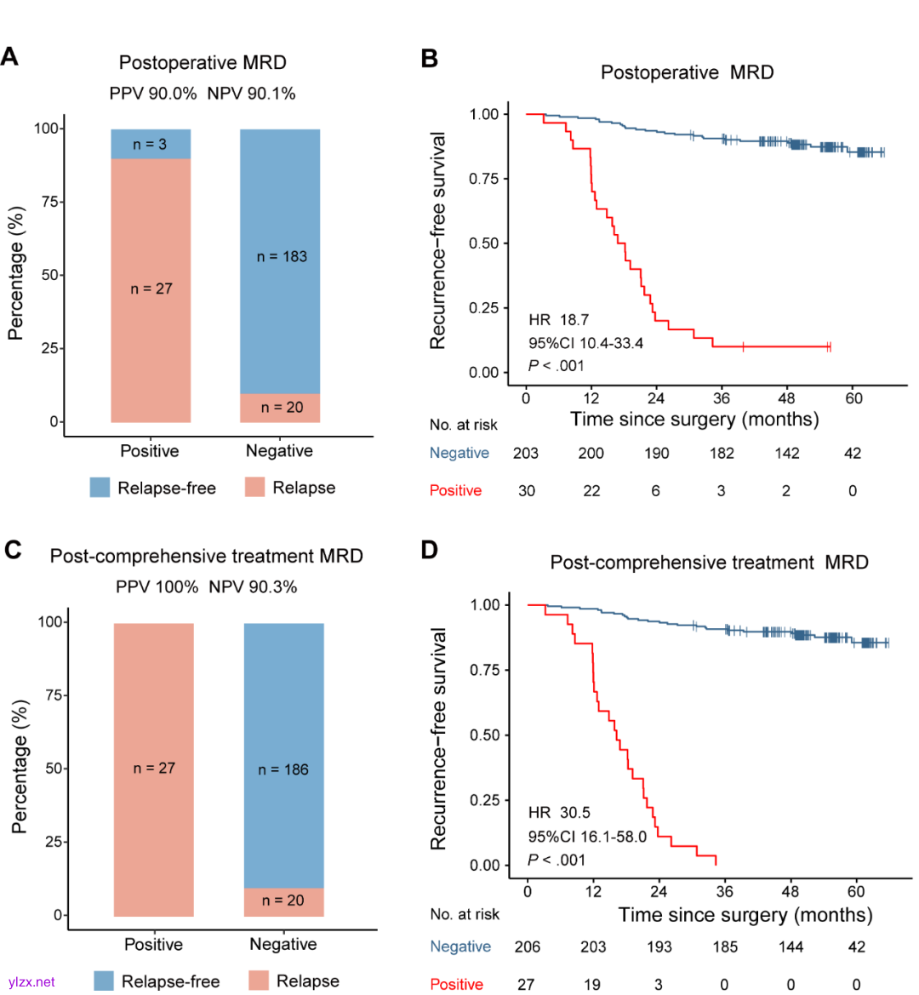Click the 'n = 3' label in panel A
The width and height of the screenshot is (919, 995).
(x=150, y=145)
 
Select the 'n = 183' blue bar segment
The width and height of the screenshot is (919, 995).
(x=281, y=256)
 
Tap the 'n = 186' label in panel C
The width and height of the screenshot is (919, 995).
(x=283, y=769)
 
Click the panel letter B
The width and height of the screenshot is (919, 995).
(x=430, y=59)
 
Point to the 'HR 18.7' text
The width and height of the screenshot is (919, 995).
(x=558, y=320)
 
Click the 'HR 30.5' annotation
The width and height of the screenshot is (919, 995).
(x=559, y=813)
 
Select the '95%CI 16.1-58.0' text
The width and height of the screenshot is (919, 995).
(x=587, y=837)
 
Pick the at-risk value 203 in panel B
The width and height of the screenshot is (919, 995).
(x=526, y=453)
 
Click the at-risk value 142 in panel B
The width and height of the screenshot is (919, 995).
(x=787, y=453)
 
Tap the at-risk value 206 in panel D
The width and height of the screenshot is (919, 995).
(x=528, y=946)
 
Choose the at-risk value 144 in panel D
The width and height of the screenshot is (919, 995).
(x=791, y=946)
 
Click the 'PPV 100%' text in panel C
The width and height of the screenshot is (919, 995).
(x=157, y=587)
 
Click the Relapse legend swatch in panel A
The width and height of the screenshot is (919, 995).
(x=254, y=488)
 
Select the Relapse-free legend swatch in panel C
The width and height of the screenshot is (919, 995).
(x=104, y=981)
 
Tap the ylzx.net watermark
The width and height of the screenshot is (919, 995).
(x=31, y=982)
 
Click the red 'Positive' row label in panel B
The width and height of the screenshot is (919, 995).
(x=455, y=490)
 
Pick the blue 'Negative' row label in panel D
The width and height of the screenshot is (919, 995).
(x=460, y=946)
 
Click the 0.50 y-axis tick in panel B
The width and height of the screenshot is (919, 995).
(x=483, y=243)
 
